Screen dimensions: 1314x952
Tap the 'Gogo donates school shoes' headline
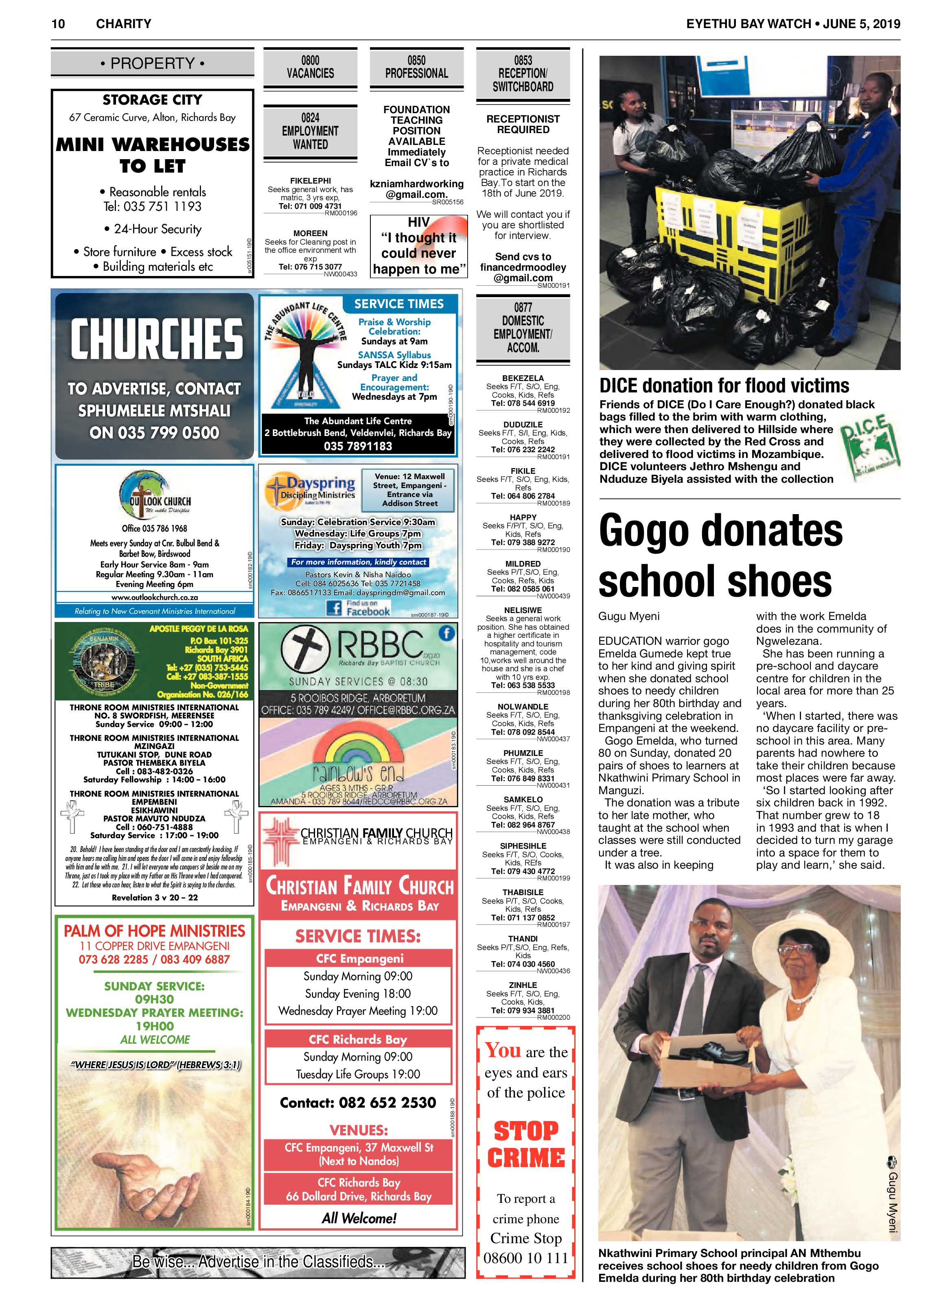coord(720,556)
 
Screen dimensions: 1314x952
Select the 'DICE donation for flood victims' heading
coord(724,386)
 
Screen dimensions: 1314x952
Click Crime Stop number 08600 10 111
coord(525,1258)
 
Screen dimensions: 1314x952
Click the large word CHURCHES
coord(156,339)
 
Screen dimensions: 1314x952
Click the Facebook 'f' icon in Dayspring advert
coord(334,608)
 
